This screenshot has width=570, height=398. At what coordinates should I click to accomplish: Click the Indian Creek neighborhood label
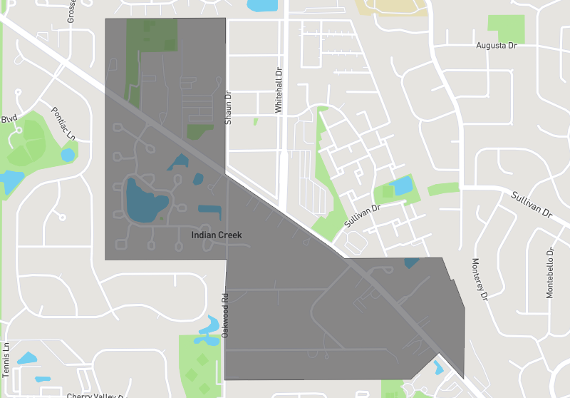(x=217, y=235)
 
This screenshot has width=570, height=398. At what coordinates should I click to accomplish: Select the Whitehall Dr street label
(x=279, y=91)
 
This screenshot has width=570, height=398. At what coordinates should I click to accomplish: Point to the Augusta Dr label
(x=496, y=46)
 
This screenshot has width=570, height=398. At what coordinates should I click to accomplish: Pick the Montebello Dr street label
(x=550, y=273)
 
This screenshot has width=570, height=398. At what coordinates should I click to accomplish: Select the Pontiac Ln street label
(x=64, y=123)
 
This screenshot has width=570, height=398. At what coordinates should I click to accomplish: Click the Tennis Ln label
(x=6, y=359)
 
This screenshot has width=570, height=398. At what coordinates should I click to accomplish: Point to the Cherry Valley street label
(x=95, y=395)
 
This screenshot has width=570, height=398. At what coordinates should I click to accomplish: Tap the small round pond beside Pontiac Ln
(x=68, y=154)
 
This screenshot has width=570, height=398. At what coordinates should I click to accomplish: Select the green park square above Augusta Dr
(x=506, y=28)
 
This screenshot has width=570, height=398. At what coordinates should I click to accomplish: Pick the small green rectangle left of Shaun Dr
(x=199, y=131)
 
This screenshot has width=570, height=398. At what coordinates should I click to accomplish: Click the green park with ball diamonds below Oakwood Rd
(x=200, y=364)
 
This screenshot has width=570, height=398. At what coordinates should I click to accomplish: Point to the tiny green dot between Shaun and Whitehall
(x=256, y=121)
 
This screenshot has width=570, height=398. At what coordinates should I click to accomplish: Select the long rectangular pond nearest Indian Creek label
(x=209, y=211)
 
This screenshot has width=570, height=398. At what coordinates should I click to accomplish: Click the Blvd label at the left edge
(x=9, y=118)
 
